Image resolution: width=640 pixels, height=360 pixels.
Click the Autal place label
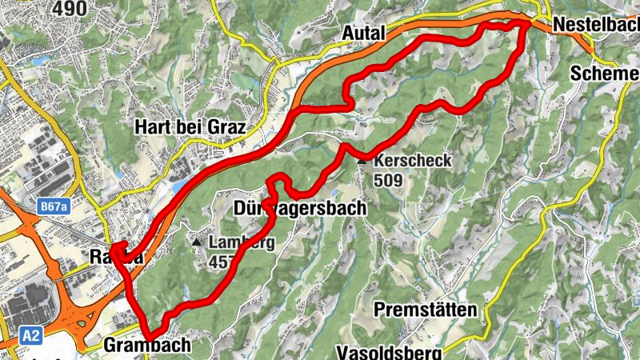coord(363,33)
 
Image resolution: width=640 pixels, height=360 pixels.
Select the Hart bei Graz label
coord(189,128)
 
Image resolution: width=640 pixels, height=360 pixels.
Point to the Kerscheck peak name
coord(412,161)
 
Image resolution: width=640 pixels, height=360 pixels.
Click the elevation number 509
coord(387,180)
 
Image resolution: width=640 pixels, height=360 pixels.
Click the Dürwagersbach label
coord(300,209)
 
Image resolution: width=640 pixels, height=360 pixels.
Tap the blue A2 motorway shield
coord(31,335)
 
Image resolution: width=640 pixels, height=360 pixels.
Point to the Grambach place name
coord(147,346)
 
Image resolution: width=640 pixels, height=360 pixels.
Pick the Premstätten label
coord(426,310)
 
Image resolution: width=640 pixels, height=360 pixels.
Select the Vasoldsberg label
coord(390,352)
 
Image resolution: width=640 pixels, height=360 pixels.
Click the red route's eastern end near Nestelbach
coord(528,25)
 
